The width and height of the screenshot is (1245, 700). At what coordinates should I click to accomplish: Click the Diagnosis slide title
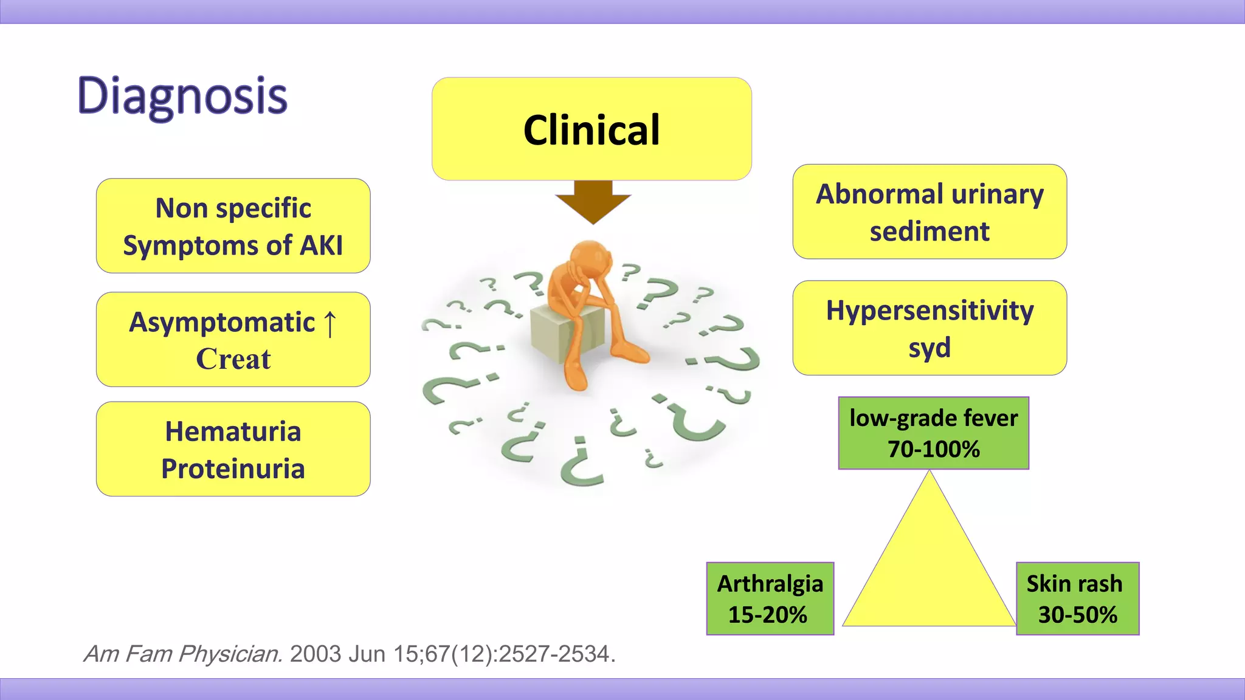pos(182,96)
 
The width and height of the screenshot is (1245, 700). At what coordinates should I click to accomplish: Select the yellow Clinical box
pos(591,129)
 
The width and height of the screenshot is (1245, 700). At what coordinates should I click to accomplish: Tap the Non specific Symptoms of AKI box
pos(233,225)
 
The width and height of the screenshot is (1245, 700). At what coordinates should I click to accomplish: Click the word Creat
pos(233,359)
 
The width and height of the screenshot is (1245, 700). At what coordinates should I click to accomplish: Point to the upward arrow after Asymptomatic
pos(329,323)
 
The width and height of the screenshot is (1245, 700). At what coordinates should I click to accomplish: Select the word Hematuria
pos(233,431)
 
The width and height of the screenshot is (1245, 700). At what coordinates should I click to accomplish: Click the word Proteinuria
pos(233,468)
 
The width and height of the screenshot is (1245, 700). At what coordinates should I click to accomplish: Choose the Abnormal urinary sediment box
pos(929,211)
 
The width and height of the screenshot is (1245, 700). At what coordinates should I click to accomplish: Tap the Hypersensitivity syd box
pos(929,328)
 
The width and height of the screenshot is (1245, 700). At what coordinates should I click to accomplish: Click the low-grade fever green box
pos(933,433)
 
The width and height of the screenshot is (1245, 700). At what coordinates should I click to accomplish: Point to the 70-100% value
pos(933,449)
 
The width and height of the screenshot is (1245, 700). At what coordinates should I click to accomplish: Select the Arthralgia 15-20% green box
pos(770,599)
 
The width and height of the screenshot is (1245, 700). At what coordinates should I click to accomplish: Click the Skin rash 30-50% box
pos(1077,599)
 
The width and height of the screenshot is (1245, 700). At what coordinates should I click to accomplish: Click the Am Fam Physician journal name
pos(182,654)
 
